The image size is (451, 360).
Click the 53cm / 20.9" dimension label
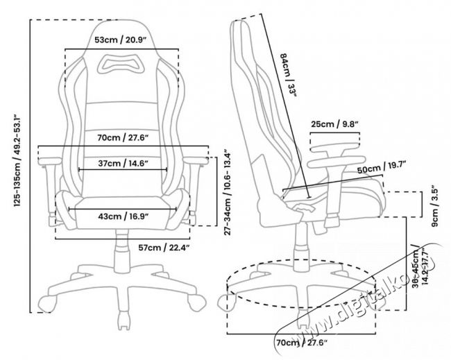[122, 41]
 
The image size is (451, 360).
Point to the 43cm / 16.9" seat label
[122, 216]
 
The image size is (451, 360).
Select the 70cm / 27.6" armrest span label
[122, 138]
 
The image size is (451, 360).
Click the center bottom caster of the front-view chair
[124, 320]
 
